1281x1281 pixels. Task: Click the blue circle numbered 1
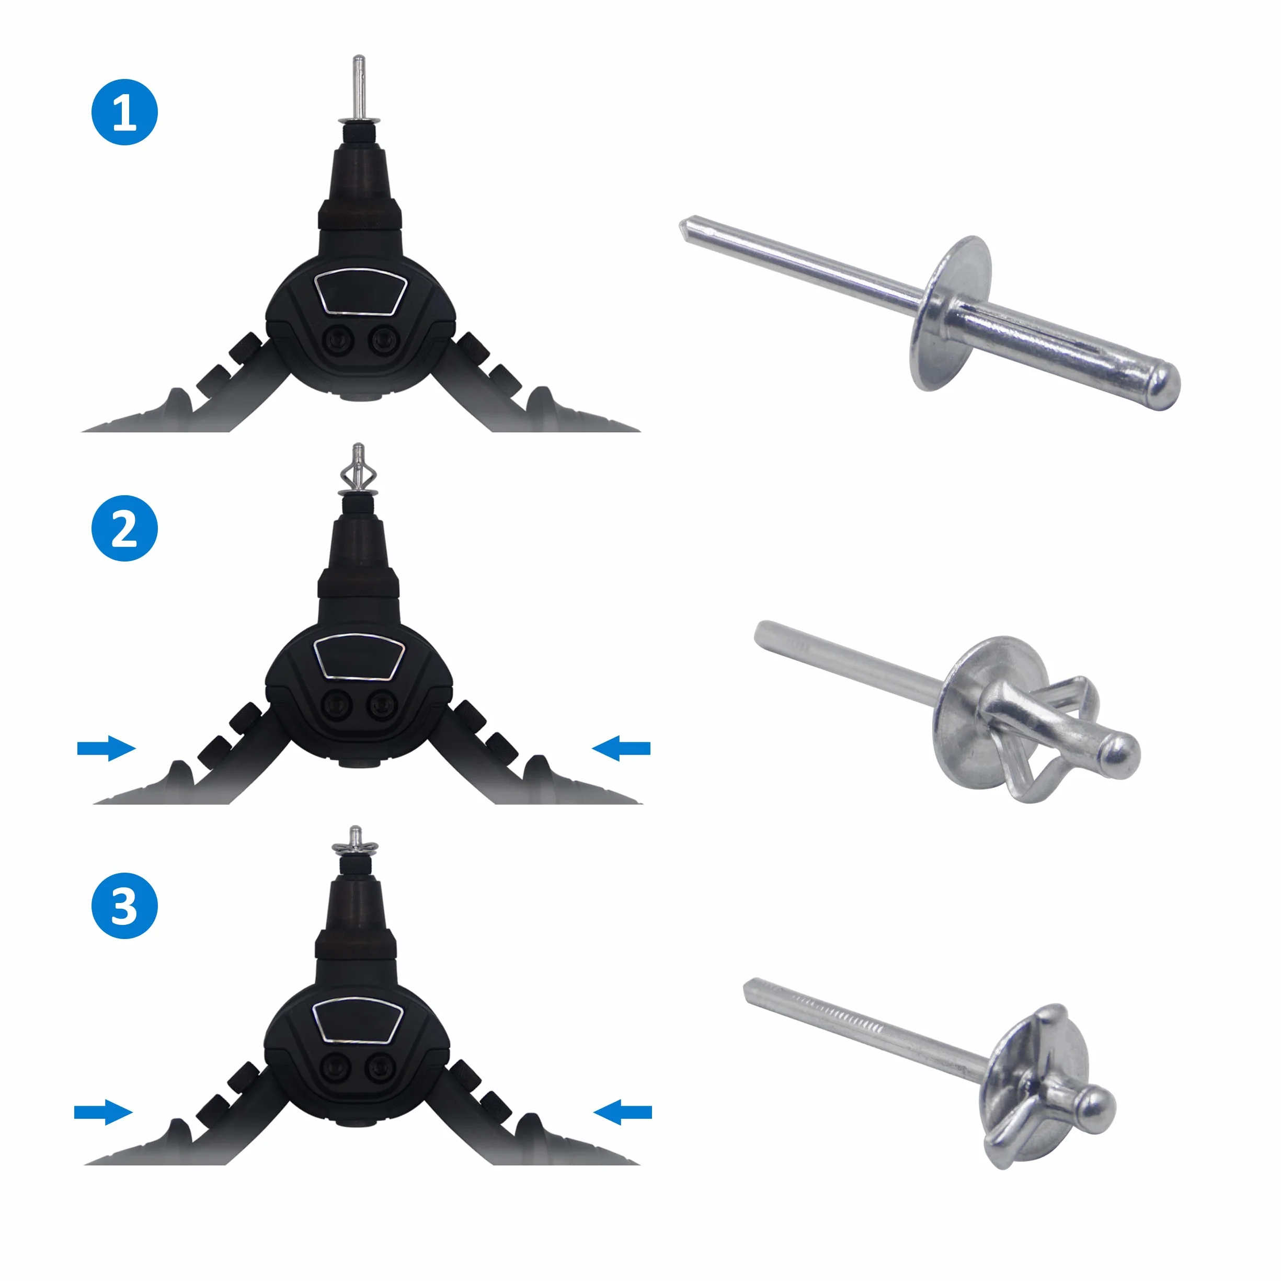tap(124, 112)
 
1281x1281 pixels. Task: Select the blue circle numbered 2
tap(124, 529)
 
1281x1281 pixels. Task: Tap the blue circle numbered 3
tap(124, 905)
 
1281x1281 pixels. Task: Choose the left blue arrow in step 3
tap(104, 1112)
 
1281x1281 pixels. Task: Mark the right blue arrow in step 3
tap(623, 1112)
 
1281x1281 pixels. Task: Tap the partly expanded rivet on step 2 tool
tap(358, 470)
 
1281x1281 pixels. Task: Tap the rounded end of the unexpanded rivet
tap(1162, 386)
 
